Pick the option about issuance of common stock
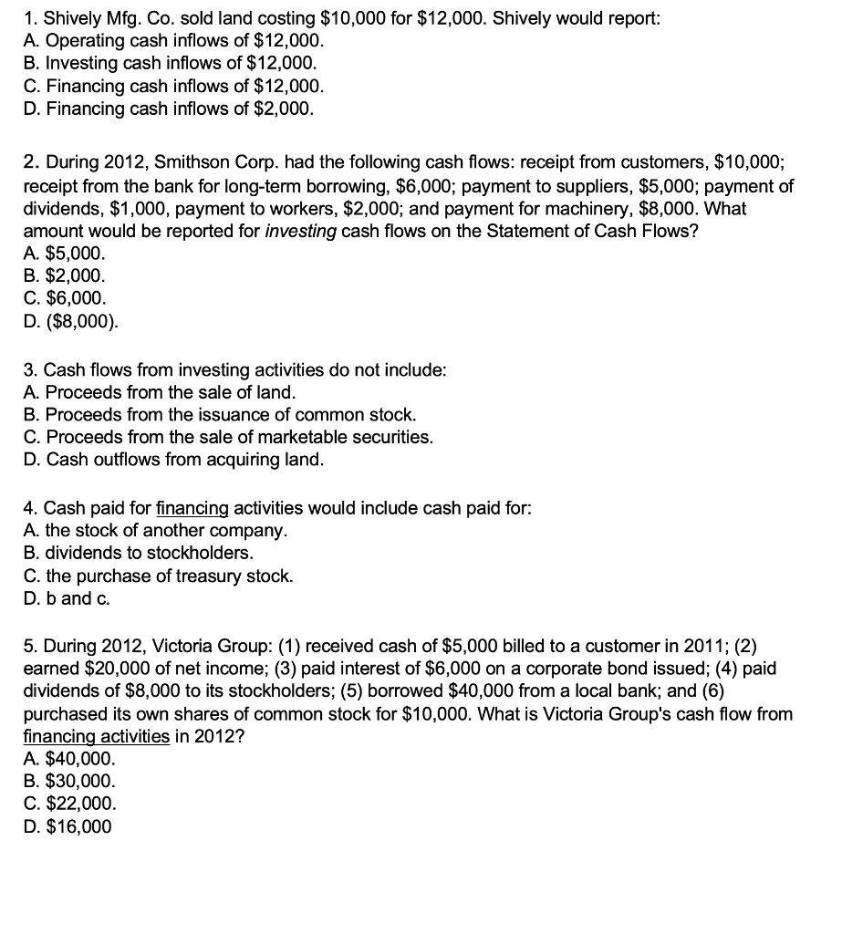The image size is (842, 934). [219, 415]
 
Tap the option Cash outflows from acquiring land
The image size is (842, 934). [173, 460]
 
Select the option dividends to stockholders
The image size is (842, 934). [138, 553]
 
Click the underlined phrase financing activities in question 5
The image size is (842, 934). [95, 736]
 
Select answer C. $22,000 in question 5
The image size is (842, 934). [69, 804]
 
